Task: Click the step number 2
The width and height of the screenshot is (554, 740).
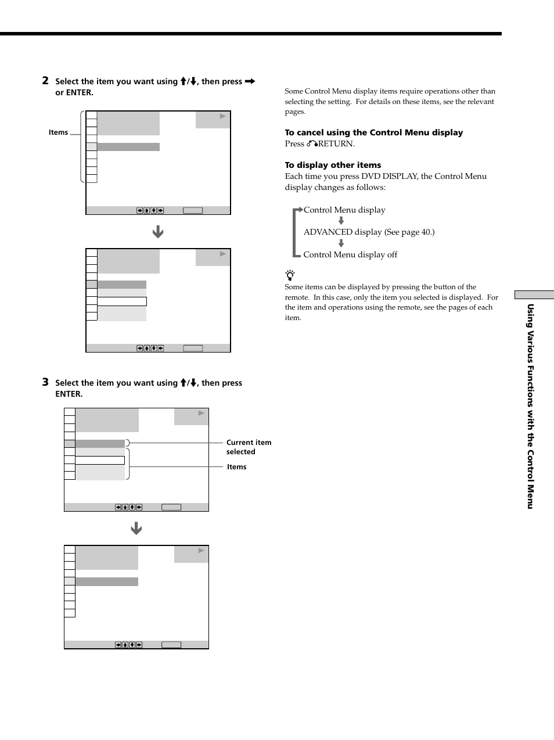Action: pyautogui.click(x=45, y=81)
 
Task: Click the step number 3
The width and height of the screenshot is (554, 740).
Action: pyautogui.click(x=45, y=382)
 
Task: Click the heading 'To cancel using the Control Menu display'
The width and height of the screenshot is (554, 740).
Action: pyautogui.click(x=373, y=132)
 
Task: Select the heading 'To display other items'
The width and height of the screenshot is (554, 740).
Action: pyautogui.click(x=333, y=165)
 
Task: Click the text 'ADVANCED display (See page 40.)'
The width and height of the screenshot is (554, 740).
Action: pyautogui.click(x=369, y=232)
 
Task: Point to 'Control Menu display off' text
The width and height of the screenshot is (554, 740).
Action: pyautogui.click(x=350, y=254)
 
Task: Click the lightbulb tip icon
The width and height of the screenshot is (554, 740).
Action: pyautogui.click(x=290, y=275)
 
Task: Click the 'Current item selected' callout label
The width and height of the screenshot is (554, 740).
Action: pyautogui.click(x=249, y=447)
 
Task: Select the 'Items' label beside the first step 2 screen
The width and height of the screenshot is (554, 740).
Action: pyautogui.click(x=58, y=132)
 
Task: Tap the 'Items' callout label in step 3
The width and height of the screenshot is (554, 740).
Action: pyautogui.click(x=236, y=467)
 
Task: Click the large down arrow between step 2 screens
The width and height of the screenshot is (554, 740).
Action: pyautogui.click(x=158, y=232)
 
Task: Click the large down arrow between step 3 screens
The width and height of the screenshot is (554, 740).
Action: pyautogui.click(x=136, y=529)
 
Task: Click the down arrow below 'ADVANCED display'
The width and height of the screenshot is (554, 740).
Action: pyautogui.click(x=341, y=243)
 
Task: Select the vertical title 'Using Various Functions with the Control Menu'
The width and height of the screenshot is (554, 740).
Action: pyautogui.click(x=530, y=407)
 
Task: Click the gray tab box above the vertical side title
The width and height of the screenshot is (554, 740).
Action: pyautogui.click(x=534, y=295)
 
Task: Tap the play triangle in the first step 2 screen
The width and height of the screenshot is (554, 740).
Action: pyautogui.click(x=222, y=116)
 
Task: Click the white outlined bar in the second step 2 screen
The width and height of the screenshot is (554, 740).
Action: pyautogui.click(x=122, y=301)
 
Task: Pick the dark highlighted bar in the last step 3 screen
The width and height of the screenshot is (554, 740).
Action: pyautogui.click(x=107, y=581)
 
